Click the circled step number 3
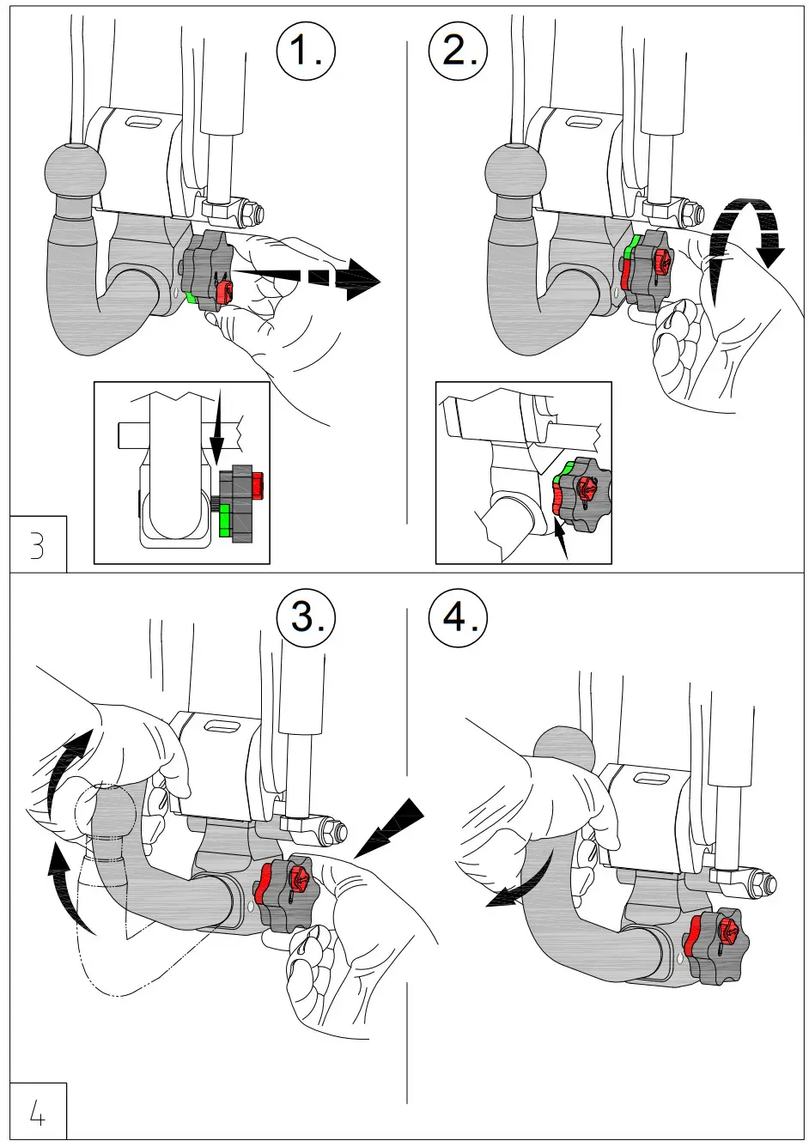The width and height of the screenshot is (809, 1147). pyautogui.click(x=305, y=616)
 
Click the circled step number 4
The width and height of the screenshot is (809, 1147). pyautogui.click(x=458, y=616)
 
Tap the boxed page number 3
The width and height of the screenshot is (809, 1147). pyautogui.click(x=37, y=545)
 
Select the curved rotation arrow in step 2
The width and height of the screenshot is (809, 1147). pyautogui.click(x=753, y=225)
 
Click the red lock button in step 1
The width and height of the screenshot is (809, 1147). pyautogui.click(x=223, y=291)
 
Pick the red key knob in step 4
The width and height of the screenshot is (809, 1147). pyautogui.click(x=727, y=932)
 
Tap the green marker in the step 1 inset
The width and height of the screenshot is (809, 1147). pyautogui.click(x=225, y=520)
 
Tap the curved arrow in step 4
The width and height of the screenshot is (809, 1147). pyautogui.click(x=515, y=889)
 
